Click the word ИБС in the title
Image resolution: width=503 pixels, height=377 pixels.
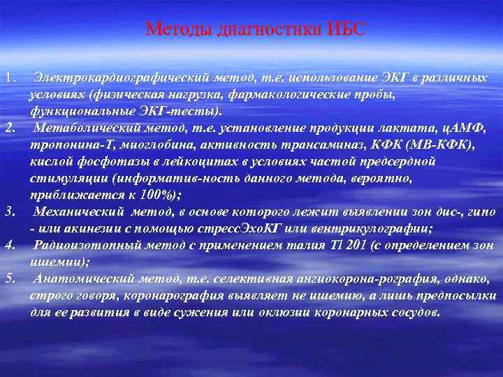coord(344,29)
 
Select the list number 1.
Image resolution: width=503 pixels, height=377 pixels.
coord(8,75)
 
